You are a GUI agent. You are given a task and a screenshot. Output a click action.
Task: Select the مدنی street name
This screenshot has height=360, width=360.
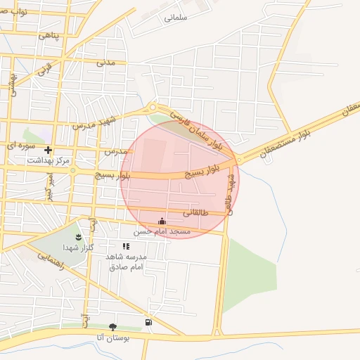[x=105, y=62]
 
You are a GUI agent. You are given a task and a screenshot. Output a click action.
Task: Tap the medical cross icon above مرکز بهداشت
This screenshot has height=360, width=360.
[x=48, y=150]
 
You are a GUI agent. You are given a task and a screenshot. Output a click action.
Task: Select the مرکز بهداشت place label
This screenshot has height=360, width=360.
[x=49, y=161]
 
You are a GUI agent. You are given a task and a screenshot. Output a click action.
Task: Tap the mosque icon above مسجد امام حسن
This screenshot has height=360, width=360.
[x=163, y=221]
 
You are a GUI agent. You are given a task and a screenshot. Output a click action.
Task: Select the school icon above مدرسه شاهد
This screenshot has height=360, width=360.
[x=126, y=246]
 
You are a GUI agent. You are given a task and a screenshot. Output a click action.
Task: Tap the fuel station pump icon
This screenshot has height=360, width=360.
[x=148, y=323]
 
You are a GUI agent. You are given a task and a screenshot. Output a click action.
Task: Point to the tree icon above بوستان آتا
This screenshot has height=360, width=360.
[x=112, y=327]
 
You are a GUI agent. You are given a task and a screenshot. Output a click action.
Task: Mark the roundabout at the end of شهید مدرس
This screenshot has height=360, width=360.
[x=153, y=108]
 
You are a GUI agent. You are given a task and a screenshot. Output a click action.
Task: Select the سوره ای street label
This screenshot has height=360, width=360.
[x=19, y=145]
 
